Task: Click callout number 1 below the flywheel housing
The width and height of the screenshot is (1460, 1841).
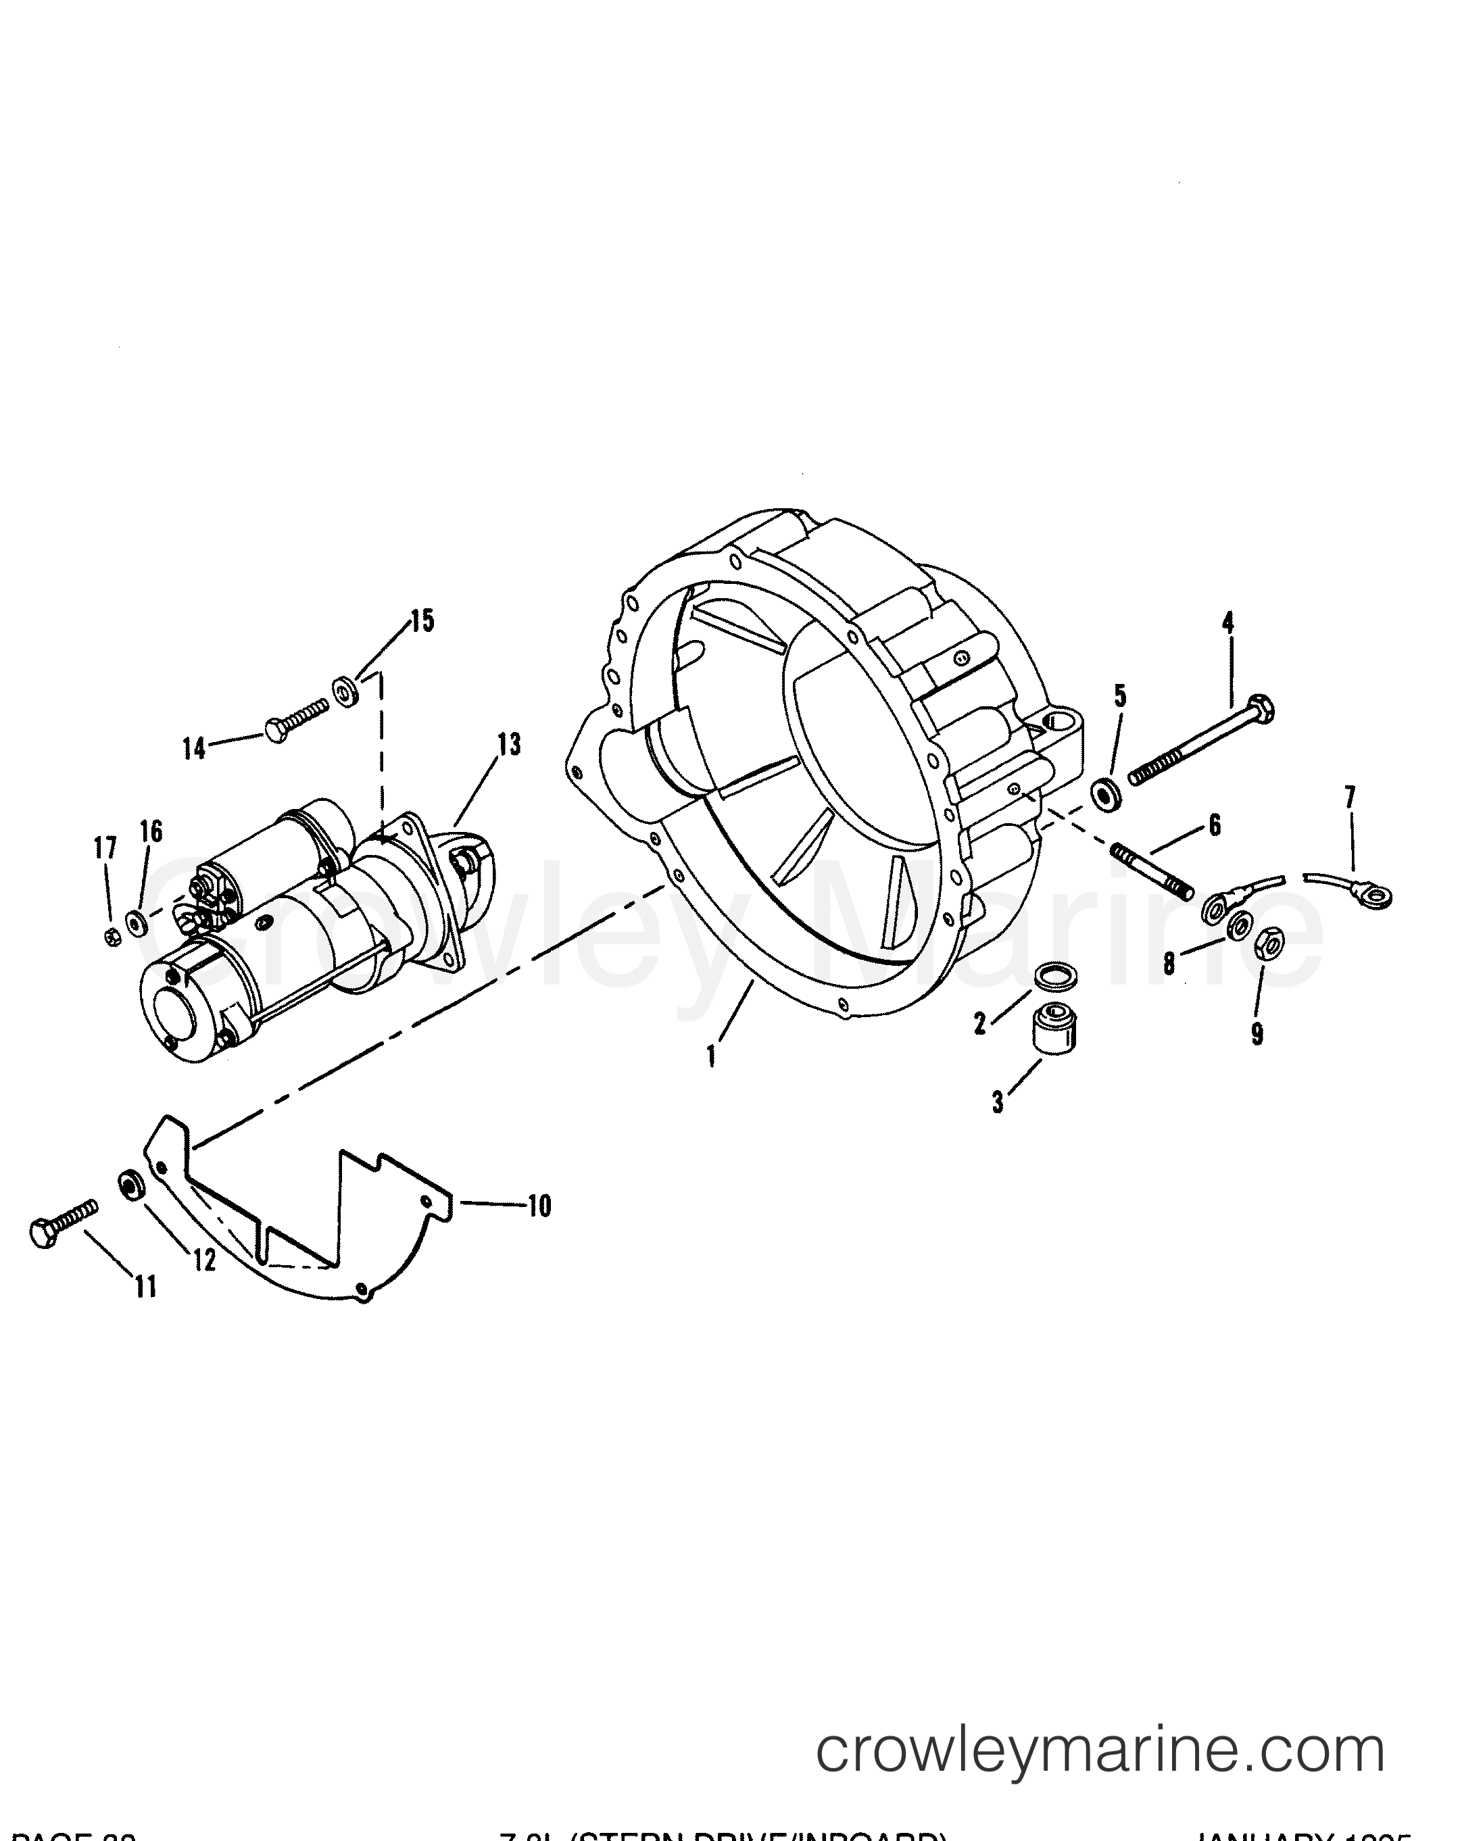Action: click(710, 1057)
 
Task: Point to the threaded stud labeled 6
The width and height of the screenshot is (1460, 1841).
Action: click(1152, 871)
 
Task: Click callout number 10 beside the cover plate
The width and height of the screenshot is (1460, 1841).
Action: click(539, 1206)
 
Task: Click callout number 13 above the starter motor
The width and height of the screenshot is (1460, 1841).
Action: click(509, 745)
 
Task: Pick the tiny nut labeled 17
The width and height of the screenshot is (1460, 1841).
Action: click(110, 937)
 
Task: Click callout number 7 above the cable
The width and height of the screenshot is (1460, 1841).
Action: click(1348, 797)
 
